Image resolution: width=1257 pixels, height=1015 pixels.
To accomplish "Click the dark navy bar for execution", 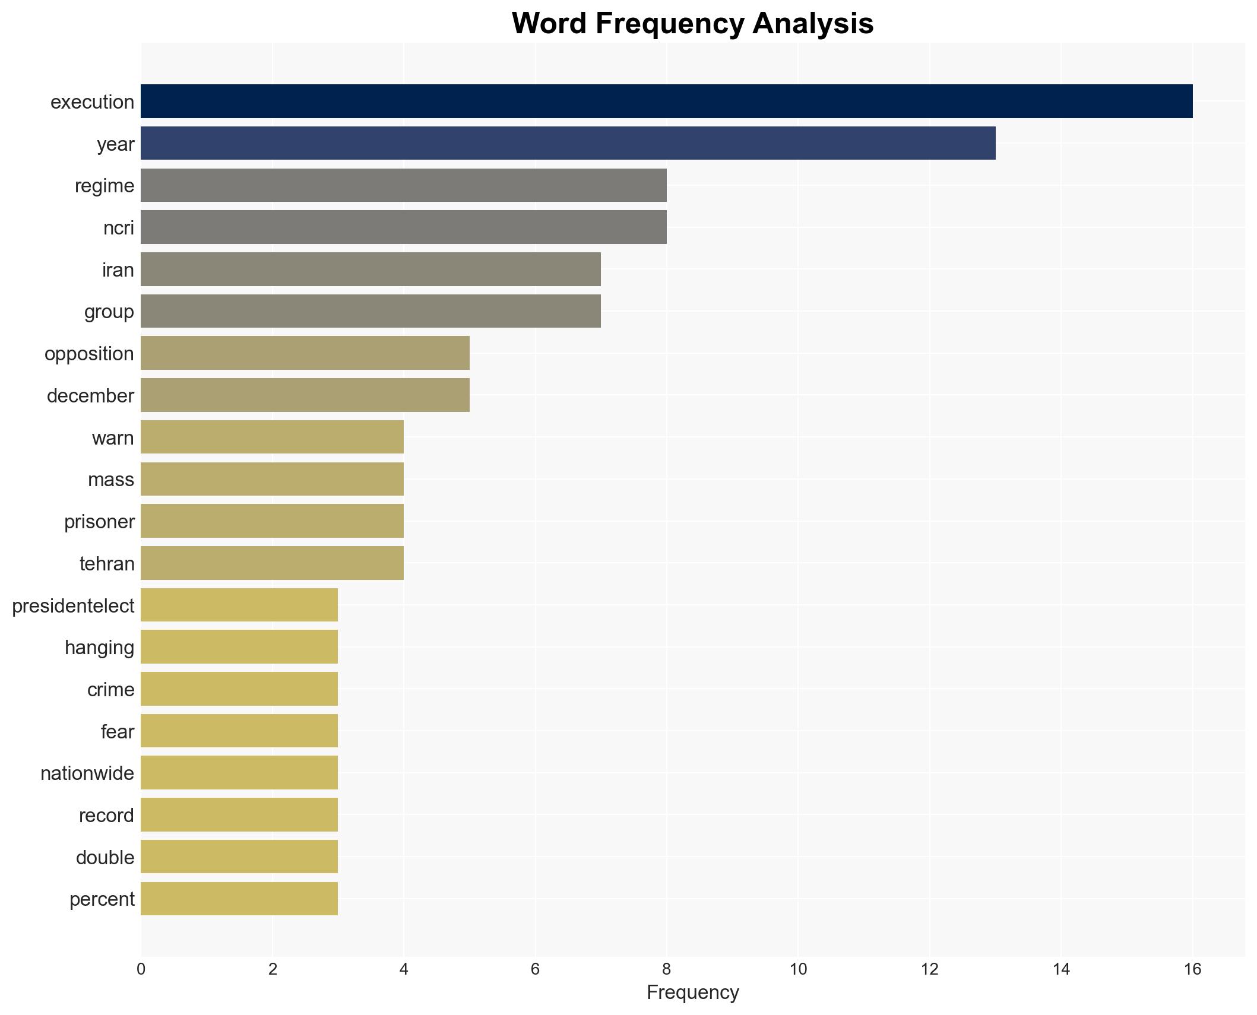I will coord(666,101).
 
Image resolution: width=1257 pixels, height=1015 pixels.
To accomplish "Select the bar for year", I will coord(568,143).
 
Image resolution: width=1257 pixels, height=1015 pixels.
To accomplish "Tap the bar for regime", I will coord(403,185).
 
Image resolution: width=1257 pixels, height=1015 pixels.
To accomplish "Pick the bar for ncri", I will coord(403,227).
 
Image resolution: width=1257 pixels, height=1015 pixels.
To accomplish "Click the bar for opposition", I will coord(305,353).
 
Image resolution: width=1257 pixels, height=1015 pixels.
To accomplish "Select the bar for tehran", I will coord(272,563).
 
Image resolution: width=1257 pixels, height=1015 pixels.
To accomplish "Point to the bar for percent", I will coord(239,899).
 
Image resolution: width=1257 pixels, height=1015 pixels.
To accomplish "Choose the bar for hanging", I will coord(239,647).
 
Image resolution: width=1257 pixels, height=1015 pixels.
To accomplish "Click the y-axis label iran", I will coord(118,270).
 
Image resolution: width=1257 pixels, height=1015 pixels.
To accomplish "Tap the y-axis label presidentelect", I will coord(73,606).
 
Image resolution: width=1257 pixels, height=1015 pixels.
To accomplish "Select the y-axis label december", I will coord(90,396).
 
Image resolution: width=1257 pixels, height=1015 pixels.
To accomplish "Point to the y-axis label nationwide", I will coord(87,773).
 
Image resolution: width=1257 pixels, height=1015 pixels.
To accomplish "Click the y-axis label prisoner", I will coord(99,522).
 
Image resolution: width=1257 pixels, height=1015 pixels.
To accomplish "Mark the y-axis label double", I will coord(105,858).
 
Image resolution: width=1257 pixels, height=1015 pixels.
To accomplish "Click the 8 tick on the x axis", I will coord(666,969).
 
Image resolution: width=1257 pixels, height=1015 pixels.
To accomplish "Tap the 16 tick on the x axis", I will coord(1192,969).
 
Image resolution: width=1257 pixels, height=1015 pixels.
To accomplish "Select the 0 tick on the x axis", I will coord(141,969).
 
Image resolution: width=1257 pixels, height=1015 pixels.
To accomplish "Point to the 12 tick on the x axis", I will coord(929,969).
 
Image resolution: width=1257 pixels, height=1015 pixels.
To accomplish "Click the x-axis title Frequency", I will coord(692,992).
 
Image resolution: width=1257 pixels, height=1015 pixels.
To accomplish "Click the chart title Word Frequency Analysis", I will coord(692,24).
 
